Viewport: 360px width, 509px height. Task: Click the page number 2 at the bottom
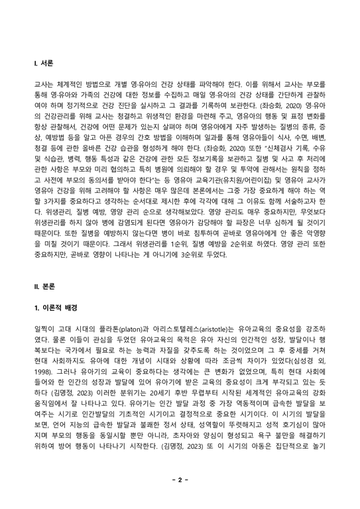pos(180,478)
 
